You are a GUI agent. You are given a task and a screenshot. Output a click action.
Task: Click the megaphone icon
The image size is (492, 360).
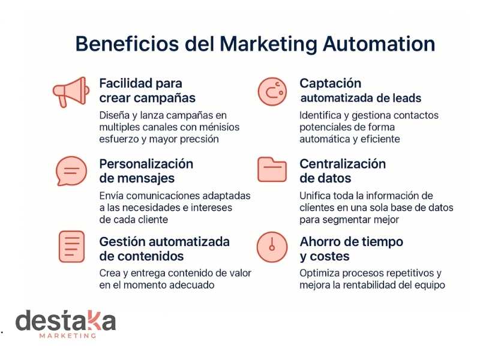coord(71,92)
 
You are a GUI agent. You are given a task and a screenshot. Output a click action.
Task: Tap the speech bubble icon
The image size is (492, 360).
coord(70,171)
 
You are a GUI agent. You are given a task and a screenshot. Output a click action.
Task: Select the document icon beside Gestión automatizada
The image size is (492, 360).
coord(71,246)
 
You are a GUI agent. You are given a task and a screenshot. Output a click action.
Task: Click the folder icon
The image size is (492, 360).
coord(272,170)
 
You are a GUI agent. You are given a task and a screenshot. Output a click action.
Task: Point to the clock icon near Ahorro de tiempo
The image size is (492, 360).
coord(272,246)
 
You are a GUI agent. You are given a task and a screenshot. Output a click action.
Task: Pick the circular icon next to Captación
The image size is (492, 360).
coord(272,91)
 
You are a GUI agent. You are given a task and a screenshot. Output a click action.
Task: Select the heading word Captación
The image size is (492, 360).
coord(331,83)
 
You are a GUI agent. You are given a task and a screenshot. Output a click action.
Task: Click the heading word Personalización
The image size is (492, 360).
coord(146,164)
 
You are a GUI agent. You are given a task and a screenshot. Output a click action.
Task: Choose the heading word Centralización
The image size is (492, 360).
coord(343,164)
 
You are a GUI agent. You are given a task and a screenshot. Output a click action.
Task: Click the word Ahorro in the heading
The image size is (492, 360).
coord(320,242)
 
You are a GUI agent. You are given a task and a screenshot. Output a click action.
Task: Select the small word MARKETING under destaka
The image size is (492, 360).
coord(67,336)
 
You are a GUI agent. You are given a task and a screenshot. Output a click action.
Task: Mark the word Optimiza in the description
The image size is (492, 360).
coord(319,273)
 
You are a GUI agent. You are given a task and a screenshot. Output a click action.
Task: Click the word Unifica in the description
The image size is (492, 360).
coord(316,196)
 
